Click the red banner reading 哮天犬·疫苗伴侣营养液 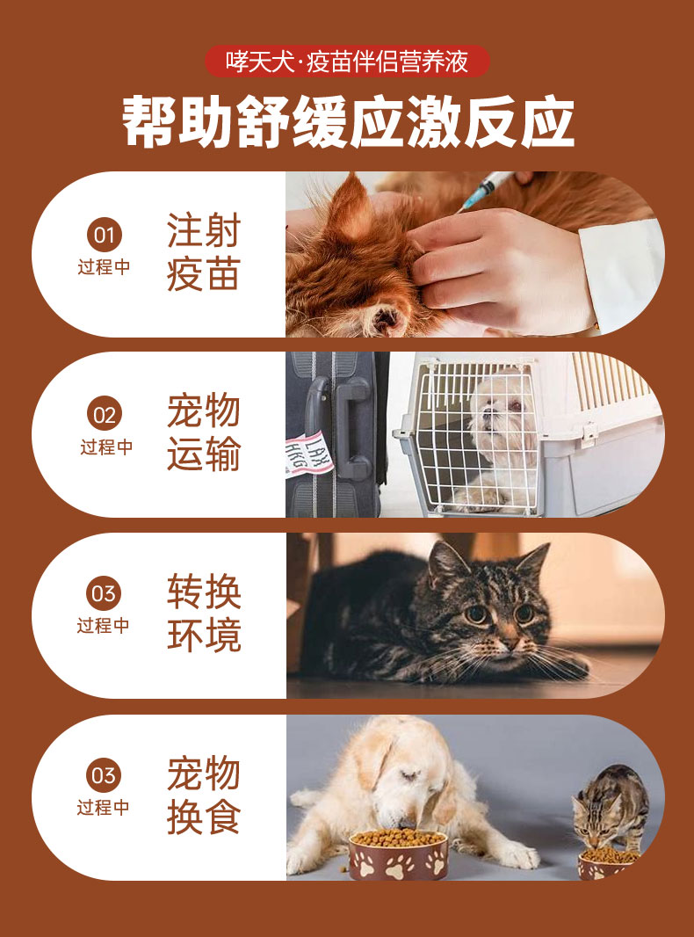pos(347,62)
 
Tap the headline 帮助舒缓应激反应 pos(348,122)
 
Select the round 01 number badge pos(105,235)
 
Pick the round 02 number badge pos(105,414)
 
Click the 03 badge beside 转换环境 pos(104,593)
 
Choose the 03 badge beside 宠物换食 pos(104,775)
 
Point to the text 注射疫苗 pos(203,251)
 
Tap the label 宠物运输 pos(203,432)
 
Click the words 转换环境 pos(204,613)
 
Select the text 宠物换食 pos(204,795)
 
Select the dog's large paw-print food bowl pos(398,854)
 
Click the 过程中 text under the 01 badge pos(105,267)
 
